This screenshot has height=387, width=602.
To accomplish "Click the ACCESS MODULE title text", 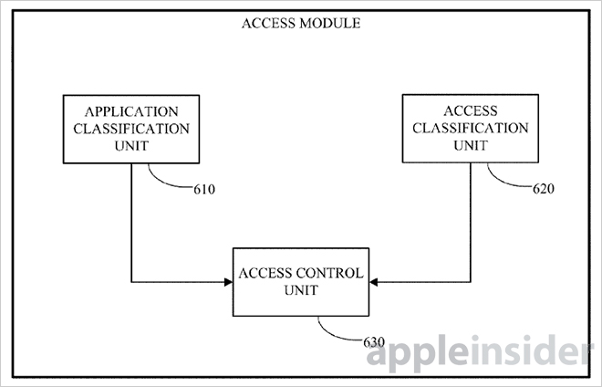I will coord(300,25).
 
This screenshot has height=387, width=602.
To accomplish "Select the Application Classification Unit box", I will coord(131,129).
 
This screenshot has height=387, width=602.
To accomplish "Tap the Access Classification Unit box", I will coord(471,128).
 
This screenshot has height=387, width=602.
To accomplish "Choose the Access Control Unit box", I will coord(300,282).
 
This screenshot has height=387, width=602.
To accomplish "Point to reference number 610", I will coord(205,190).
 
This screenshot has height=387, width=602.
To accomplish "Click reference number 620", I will coord(544,189).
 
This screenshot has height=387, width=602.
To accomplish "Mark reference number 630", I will coord(372,342).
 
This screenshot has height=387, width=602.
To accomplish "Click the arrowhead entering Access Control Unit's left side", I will coord(227,282).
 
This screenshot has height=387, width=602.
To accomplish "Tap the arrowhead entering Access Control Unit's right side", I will coord(374,282).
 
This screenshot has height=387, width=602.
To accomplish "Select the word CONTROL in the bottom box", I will coord(326,274).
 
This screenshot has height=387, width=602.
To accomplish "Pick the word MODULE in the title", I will coord(330,25).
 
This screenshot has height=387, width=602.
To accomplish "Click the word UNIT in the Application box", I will coord(131,145).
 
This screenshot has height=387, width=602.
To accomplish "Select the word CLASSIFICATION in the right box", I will coord(471,128).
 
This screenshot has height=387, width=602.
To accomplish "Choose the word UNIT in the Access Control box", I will coord(300,291).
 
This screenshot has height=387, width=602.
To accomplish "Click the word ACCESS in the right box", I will coord(471,111).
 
